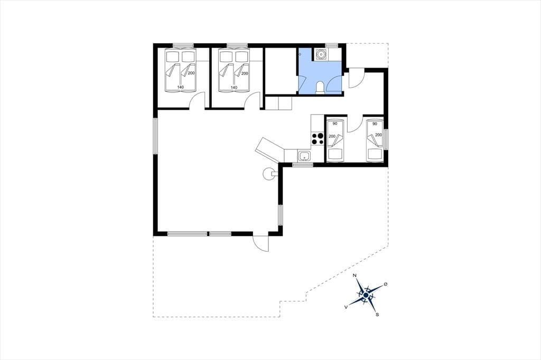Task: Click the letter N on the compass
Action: (x=355, y=275)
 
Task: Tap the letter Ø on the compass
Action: (x=385, y=284)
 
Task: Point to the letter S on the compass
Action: (x=377, y=314)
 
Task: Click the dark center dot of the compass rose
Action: (x=366, y=295)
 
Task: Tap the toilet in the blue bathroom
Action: (x=320, y=88)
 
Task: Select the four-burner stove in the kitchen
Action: (x=318, y=138)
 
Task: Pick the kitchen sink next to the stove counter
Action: (x=304, y=156)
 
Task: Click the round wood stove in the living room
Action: (x=268, y=174)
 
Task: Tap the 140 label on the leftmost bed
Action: (x=181, y=87)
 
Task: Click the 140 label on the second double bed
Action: (x=234, y=88)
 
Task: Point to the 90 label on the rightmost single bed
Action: (x=376, y=124)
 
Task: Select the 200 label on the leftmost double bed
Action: (x=191, y=73)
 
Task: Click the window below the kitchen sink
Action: (x=303, y=165)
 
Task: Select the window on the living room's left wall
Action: (x=155, y=136)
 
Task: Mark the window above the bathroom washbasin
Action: (x=332, y=45)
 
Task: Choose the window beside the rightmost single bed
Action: (x=386, y=139)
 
